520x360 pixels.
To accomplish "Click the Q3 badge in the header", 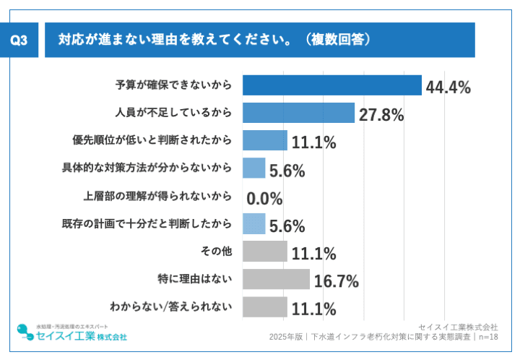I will pyautogui.click(x=22, y=40).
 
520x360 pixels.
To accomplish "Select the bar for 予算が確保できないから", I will pyautogui.click(x=331, y=85).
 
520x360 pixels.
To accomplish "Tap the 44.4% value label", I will pyautogui.click(x=448, y=87).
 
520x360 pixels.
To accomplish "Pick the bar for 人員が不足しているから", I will pyautogui.click(x=298, y=113).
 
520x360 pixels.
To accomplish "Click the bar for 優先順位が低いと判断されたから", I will pyautogui.click(x=265, y=140).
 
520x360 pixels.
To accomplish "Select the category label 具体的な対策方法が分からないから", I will pyautogui.click(x=147, y=168).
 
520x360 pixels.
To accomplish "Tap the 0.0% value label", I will pyautogui.click(x=264, y=199).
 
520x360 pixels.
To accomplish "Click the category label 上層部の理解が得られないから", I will pyautogui.click(x=157, y=196).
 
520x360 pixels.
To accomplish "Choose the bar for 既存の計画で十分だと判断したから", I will pyautogui.click(x=254, y=223).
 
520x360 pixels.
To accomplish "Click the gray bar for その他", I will pyautogui.click(x=265, y=252).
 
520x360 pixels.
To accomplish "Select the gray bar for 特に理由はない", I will pyautogui.click(x=276, y=279).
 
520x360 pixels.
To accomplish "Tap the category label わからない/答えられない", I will pyautogui.click(x=170, y=307).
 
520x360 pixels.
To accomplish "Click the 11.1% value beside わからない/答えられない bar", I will pyautogui.click(x=313, y=309).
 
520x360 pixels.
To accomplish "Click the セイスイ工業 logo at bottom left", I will pyautogui.click(x=72, y=333).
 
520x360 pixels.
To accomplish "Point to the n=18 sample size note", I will pyautogui.click(x=487, y=337).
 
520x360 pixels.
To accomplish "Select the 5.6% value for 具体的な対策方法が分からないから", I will pyautogui.click(x=287, y=171).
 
